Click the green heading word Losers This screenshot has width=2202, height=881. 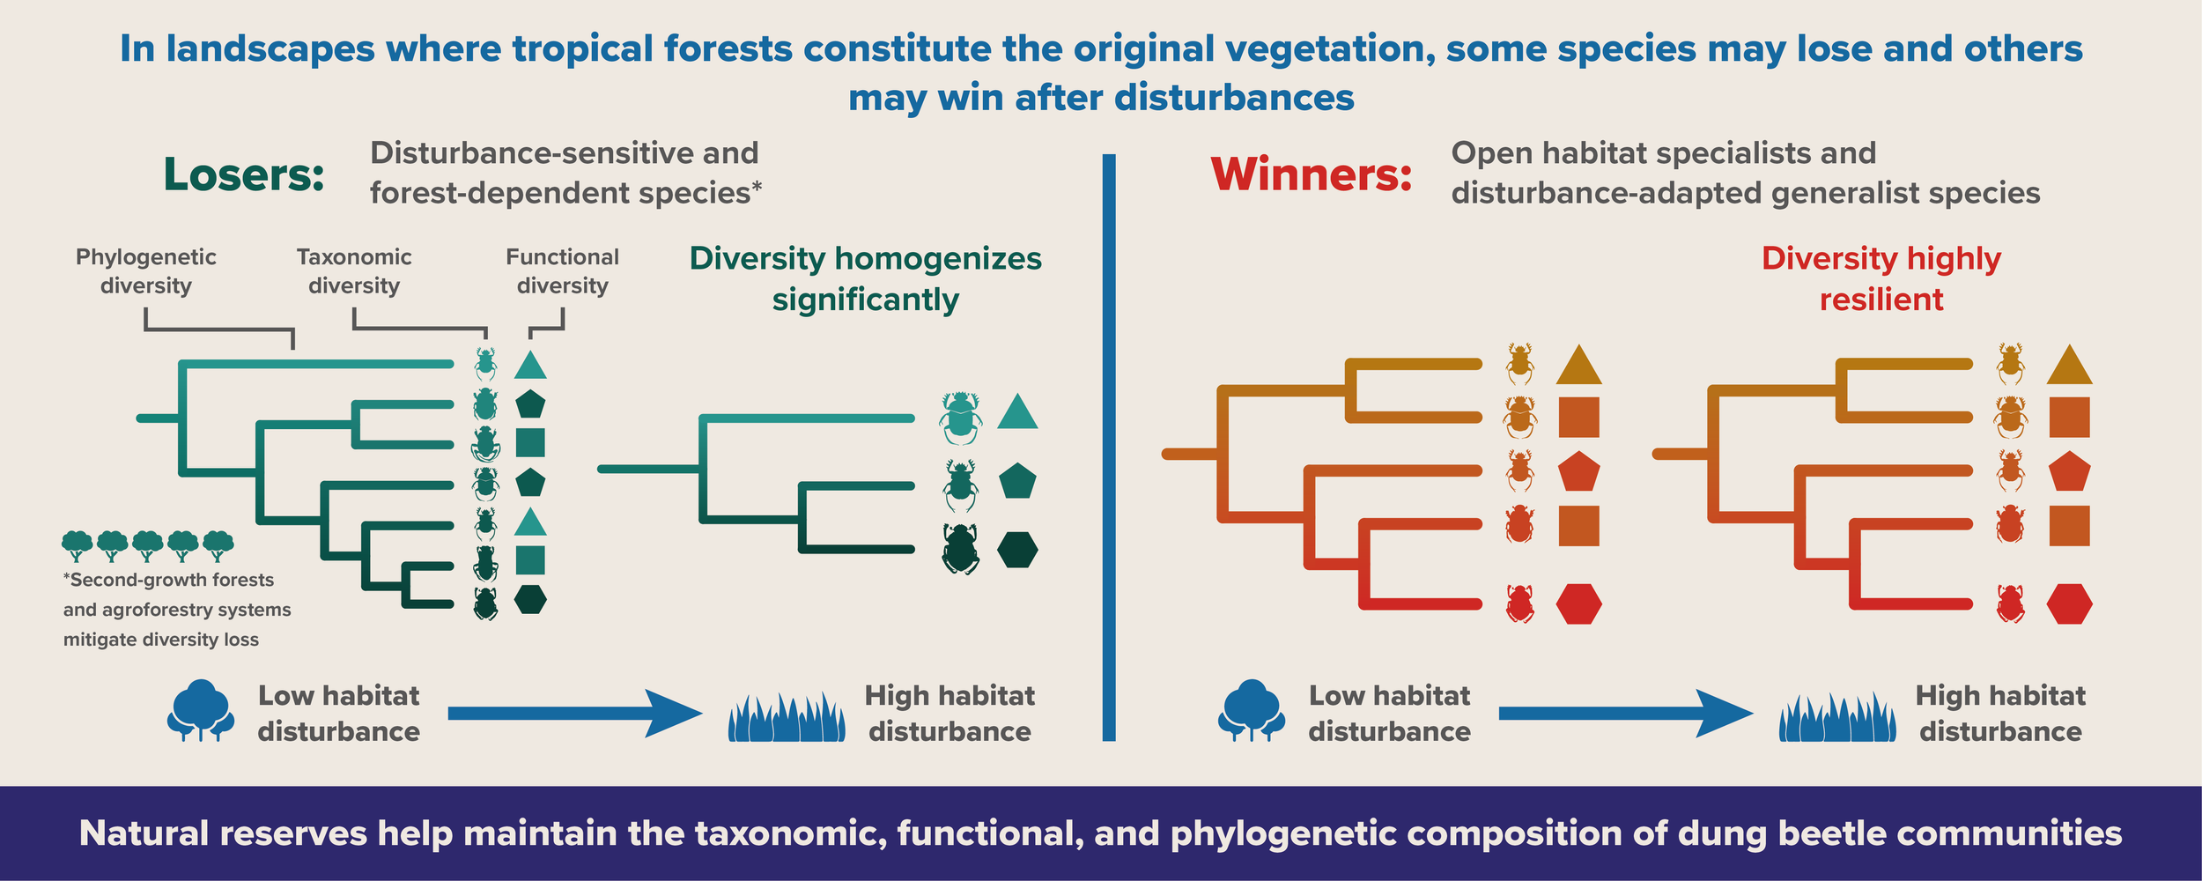tap(244, 174)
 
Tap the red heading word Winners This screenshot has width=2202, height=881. tap(1312, 174)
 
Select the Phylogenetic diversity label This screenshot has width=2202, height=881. tap(145, 271)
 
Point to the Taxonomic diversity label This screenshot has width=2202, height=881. tap(354, 271)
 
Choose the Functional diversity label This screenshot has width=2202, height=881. tap(562, 271)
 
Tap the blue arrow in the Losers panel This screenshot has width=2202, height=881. tap(573, 713)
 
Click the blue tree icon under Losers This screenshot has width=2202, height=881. tap(201, 710)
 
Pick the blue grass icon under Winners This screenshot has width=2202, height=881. tap(1837, 718)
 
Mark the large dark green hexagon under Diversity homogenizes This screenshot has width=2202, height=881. tap(1017, 550)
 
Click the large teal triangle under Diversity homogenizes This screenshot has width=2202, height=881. tap(1017, 412)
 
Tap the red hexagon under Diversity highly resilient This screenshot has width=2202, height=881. tap(2069, 604)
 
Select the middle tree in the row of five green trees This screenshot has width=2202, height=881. tap(147, 545)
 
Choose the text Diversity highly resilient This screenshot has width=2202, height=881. tap(1881, 278)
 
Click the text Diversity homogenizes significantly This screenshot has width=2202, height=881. tap(865, 278)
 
